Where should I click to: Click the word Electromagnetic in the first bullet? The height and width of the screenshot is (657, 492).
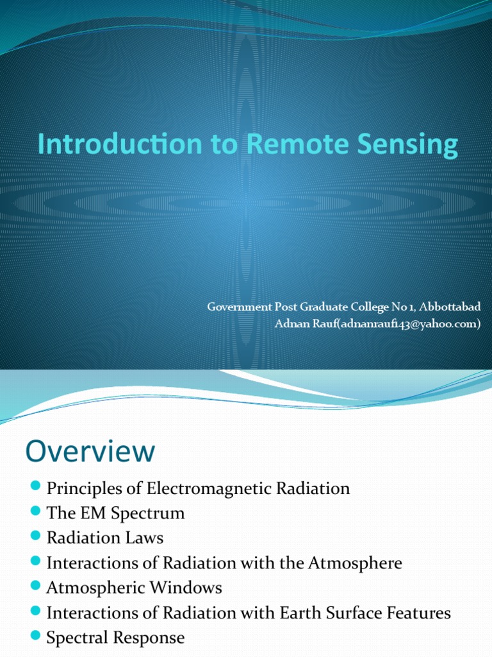click(216, 489)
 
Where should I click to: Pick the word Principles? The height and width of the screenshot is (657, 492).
click(86, 489)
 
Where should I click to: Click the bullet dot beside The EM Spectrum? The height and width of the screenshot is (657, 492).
click(36, 512)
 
